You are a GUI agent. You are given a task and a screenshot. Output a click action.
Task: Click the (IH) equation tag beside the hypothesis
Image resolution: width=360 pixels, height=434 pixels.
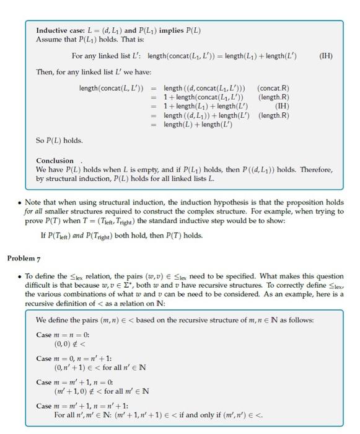pyautogui.click(x=325, y=56)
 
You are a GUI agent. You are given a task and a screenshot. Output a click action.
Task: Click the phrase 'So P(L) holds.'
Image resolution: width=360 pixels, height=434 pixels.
pyautogui.click(x=59, y=140)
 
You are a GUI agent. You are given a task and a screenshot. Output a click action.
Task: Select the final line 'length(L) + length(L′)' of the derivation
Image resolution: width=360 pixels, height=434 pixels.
pyautogui.click(x=196, y=125)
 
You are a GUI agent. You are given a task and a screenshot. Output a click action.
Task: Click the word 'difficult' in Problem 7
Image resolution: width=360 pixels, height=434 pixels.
pyautogui.click(x=38, y=285)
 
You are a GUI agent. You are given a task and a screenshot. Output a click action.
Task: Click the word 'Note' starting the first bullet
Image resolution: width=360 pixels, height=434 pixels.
pyautogui.click(x=34, y=202)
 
